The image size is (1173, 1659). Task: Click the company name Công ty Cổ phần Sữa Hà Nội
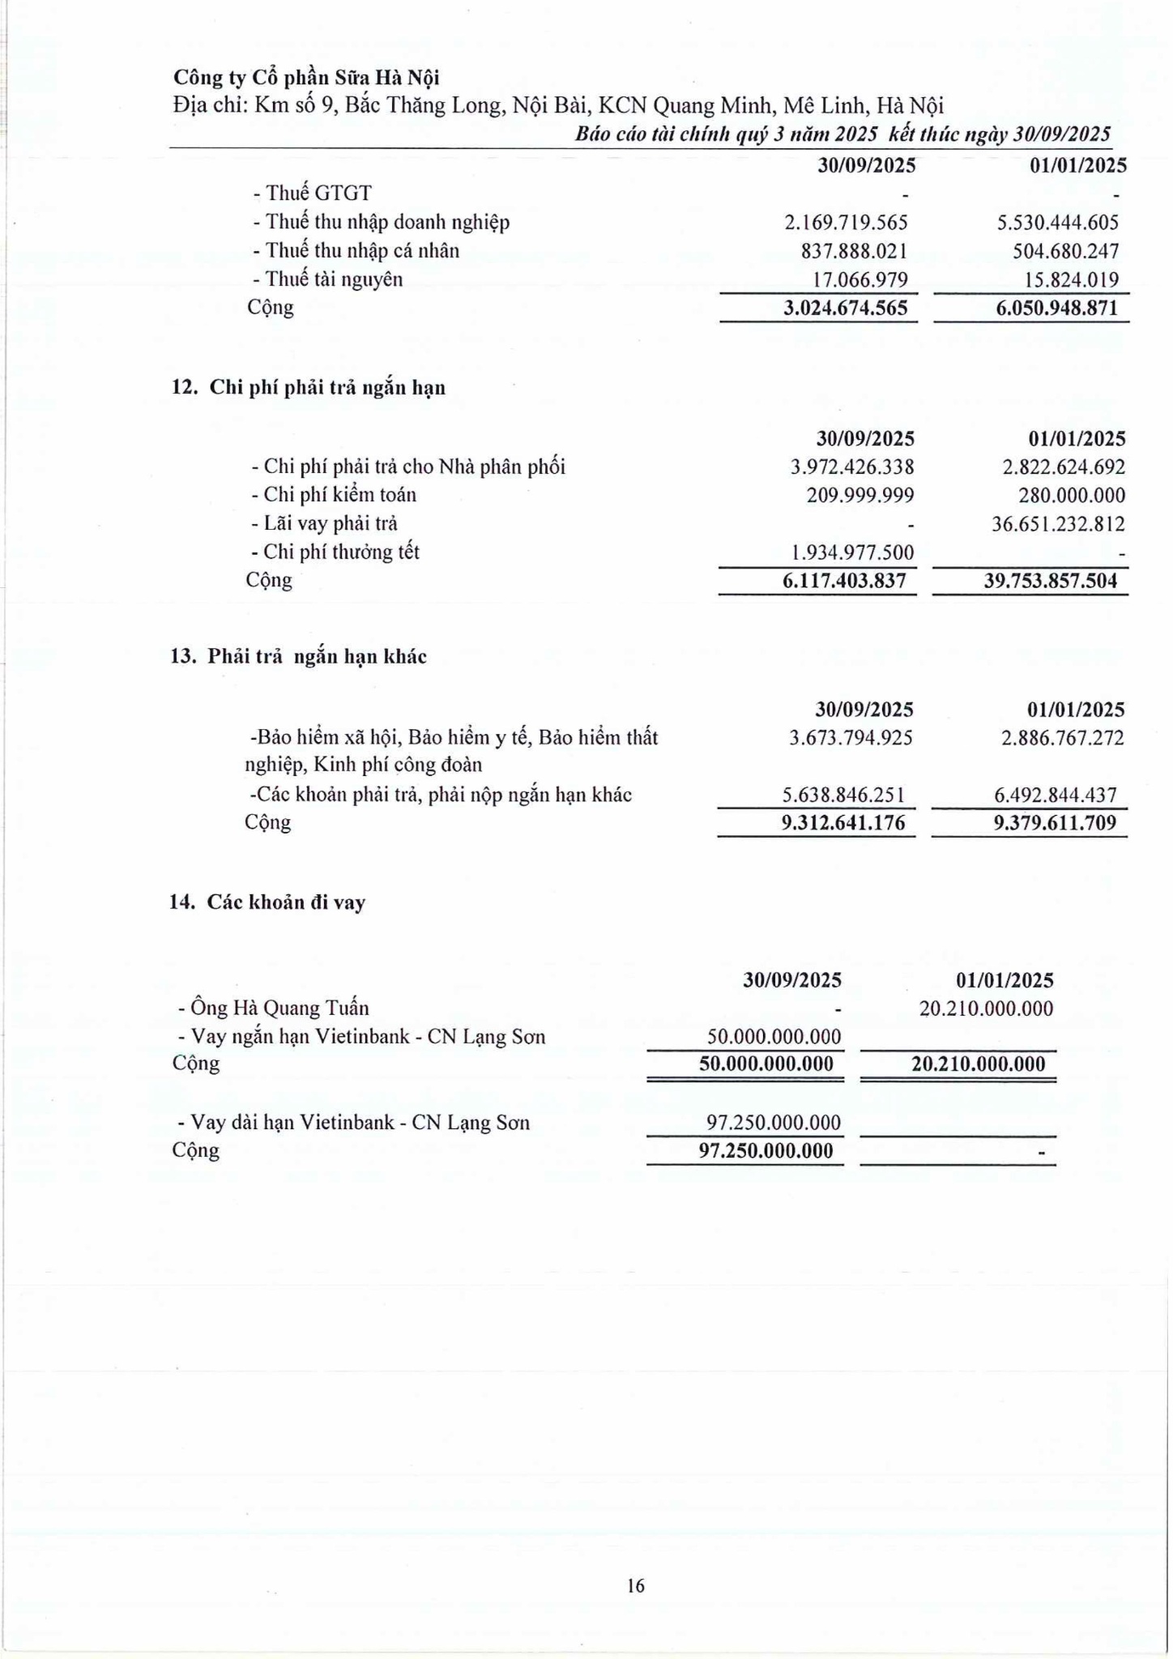(306, 78)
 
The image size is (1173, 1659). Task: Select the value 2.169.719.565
(846, 222)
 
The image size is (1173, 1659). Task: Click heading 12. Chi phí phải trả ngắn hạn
(308, 387)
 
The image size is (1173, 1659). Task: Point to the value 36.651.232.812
(1058, 524)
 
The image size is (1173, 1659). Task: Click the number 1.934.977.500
(852, 552)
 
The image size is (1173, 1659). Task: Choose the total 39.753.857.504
(1050, 581)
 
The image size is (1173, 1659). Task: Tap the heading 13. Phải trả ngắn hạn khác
(298, 656)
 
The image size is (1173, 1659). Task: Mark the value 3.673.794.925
(851, 738)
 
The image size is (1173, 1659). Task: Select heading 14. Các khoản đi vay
(267, 902)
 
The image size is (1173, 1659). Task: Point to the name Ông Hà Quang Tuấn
(274, 1009)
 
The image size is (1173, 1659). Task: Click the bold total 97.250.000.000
(766, 1151)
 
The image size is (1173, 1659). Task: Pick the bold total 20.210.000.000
(978, 1064)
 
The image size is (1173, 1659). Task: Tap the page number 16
(636, 1585)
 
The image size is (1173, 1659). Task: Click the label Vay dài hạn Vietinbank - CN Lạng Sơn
(354, 1123)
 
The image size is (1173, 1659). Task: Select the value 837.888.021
(854, 251)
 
